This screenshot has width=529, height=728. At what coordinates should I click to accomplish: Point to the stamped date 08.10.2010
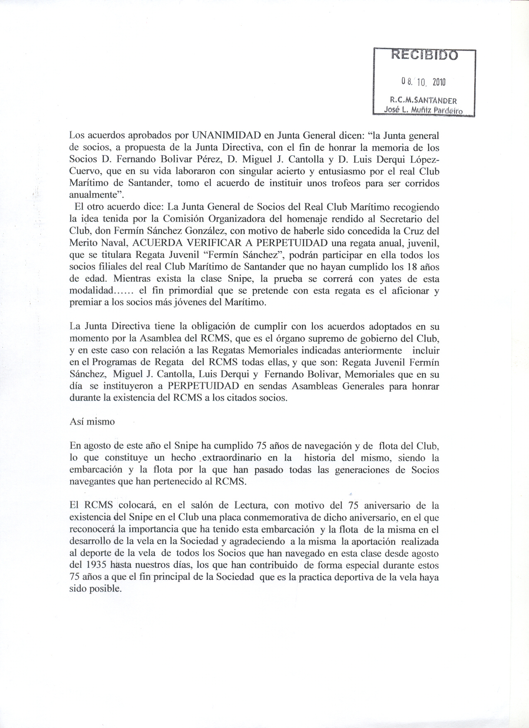click(423, 82)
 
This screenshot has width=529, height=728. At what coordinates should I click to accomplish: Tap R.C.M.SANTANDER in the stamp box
click(423, 100)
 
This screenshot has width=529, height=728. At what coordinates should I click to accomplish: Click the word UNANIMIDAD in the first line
click(226, 135)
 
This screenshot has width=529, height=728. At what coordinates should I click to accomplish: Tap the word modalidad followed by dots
click(91, 291)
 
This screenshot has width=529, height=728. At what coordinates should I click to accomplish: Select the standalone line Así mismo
click(92, 422)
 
